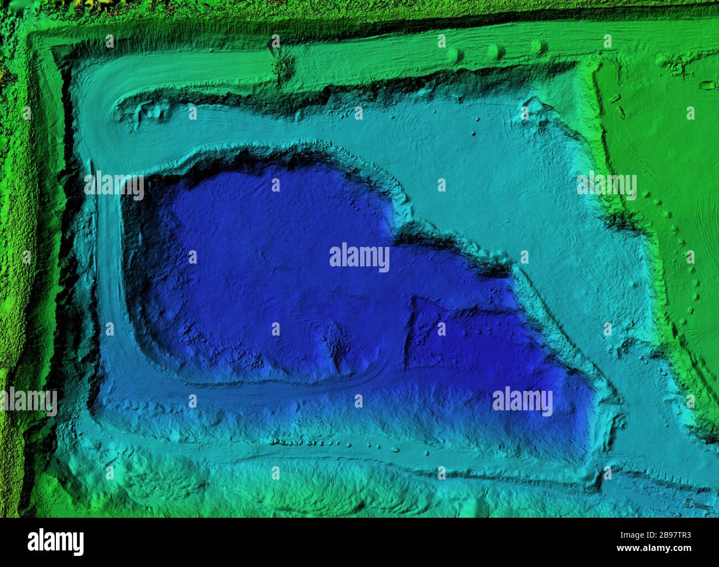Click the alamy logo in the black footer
[55, 542]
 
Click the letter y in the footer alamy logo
[78, 543]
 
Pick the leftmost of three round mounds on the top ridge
[455, 54]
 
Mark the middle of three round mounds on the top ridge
[496, 51]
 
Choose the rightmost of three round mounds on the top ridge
[536, 47]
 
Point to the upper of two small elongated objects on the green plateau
[614, 99]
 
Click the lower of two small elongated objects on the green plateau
[621, 112]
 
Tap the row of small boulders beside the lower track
[332, 444]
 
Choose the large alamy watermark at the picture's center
[359, 257]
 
